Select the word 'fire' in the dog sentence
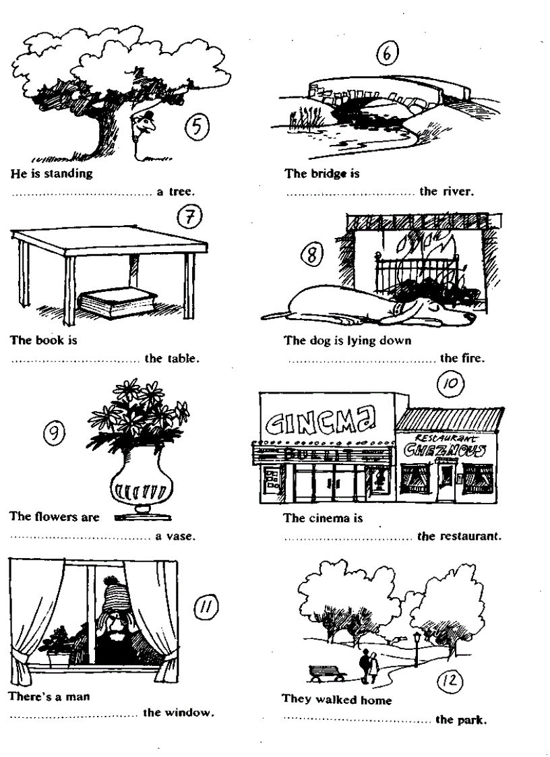(472, 359)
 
